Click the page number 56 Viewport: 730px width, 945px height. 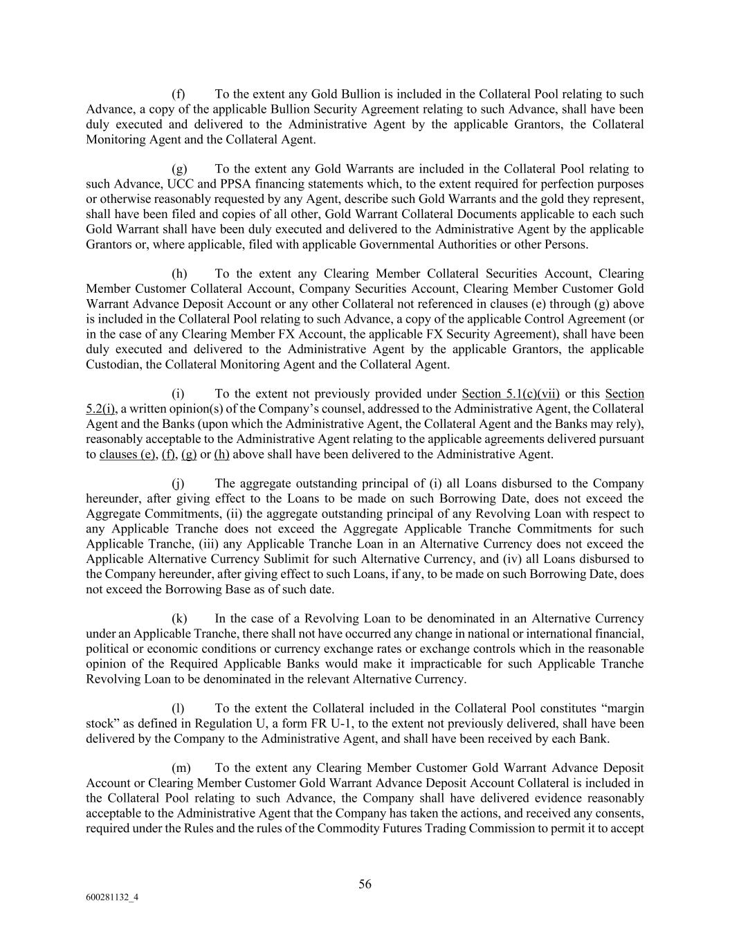tap(365, 884)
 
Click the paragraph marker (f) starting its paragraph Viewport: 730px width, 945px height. tap(178, 94)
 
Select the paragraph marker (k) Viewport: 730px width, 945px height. tap(179, 619)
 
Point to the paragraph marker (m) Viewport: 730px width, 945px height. tap(180, 768)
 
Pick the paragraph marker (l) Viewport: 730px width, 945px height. tap(178, 709)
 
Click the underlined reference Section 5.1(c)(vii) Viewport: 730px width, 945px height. tap(511, 395)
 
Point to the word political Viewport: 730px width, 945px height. tap(109, 649)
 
